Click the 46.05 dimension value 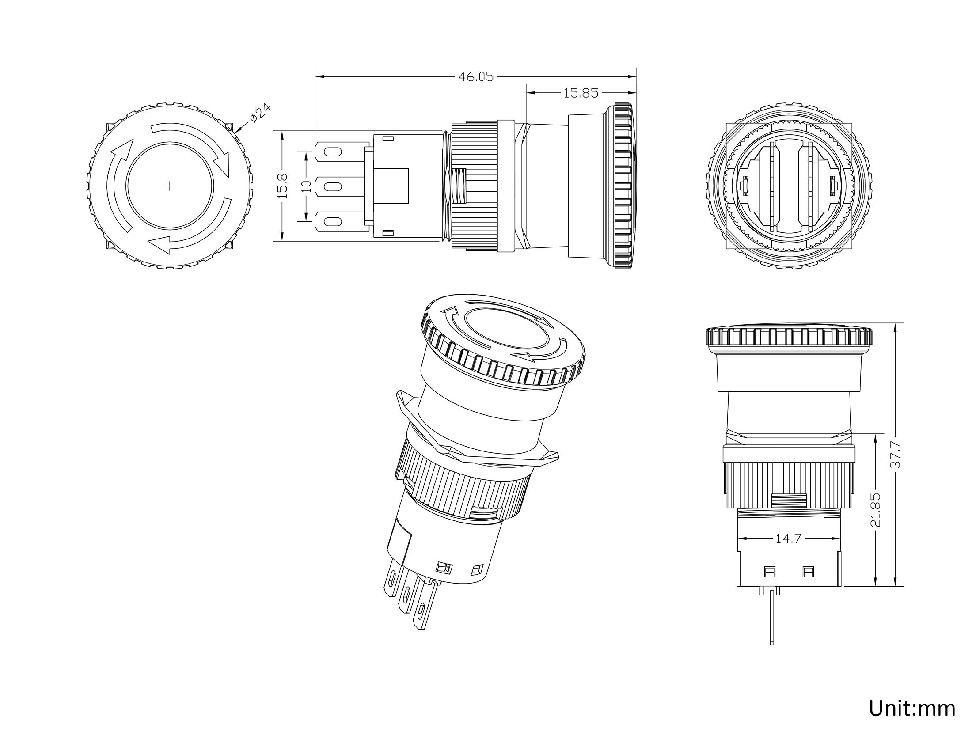point(476,77)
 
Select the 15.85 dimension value point(581,93)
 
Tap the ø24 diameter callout point(260,113)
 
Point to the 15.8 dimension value point(283,186)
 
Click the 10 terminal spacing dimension point(306,186)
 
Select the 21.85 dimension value point(875,509)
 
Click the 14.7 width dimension point(788,539)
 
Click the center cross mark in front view point(169,186)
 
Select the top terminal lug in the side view point(342,152)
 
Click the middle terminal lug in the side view point(342,186)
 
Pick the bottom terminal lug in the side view point(342,221)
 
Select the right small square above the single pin point(808,572)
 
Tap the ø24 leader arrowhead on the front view point(237,130)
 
